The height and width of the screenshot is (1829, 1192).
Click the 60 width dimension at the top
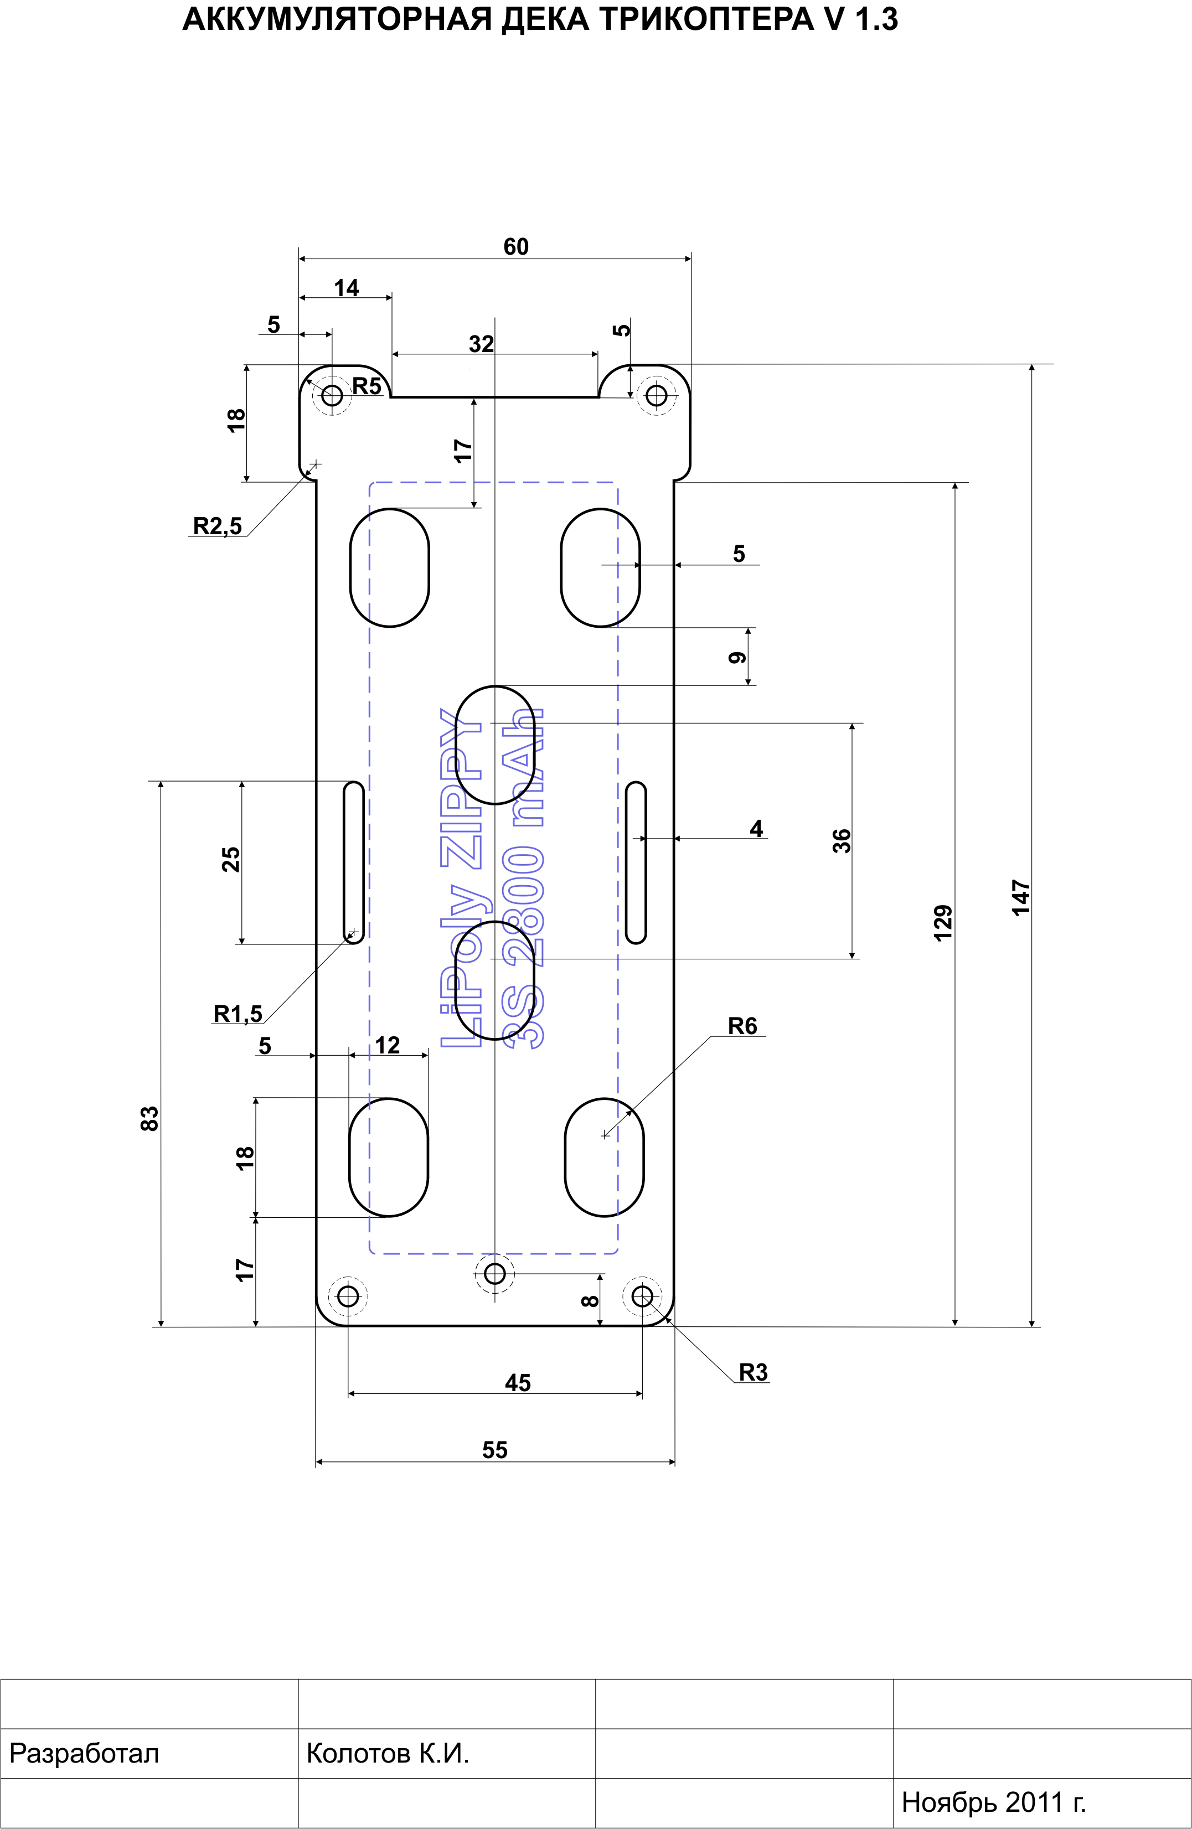(x=515, y=247)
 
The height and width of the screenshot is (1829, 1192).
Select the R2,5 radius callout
(x=216, y=526)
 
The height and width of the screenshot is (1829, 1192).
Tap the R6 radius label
(x=742, y=1026)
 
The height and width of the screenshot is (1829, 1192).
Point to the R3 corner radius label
(x=753, y=1372)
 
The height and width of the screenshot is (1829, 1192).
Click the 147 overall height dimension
(x=1020, y=897)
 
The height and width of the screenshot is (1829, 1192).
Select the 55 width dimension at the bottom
(x=495, y=1449)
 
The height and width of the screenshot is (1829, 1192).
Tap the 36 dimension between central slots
(x=842, y=840)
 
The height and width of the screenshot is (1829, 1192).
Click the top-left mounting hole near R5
(x=332, y=395)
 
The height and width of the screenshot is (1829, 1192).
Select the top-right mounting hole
(x=656, y=395)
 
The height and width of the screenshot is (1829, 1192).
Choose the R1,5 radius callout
(x=238, y=1014)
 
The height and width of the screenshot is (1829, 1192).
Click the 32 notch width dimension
(x=481, y=344)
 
